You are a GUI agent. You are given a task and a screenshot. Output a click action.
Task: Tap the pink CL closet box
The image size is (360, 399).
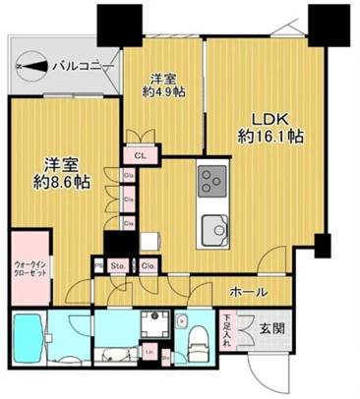pos(140,154)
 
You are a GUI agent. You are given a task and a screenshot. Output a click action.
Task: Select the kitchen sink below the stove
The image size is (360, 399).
pos(211,232)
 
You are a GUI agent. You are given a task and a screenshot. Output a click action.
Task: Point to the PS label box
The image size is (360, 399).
pos(98,264)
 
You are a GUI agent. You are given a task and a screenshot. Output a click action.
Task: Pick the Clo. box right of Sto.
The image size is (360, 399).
pos(147,264)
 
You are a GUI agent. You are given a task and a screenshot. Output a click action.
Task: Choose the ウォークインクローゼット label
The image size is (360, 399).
pos(30,268)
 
